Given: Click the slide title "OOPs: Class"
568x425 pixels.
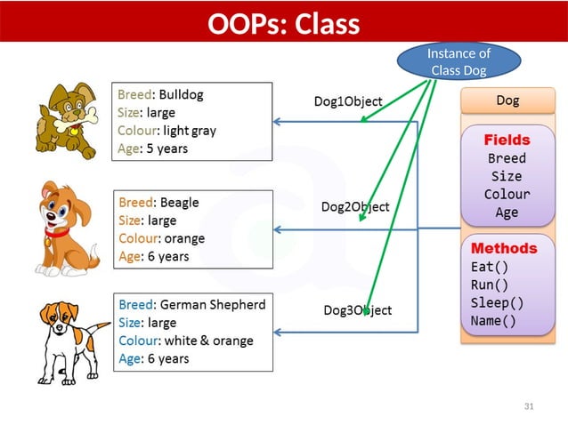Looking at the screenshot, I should coord(283,24).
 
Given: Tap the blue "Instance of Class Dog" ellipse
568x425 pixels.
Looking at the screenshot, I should coord(458,62).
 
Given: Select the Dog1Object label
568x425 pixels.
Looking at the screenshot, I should coord(348,102).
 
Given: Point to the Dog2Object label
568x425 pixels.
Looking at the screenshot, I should coord(355,206).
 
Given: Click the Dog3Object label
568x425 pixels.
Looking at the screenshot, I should coord(357,310).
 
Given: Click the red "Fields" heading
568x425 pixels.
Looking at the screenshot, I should coord(507,140).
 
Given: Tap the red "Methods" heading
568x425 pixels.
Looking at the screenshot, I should coord(504,248).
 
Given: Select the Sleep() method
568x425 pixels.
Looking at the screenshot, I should coord(497,302).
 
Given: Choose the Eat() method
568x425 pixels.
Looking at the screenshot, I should coord(489,266).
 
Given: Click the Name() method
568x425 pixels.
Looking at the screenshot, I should coord(492,321).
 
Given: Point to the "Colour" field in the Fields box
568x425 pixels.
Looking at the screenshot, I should coord(507,195).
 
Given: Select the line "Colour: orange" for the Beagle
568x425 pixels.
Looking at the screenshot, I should coord(161,238).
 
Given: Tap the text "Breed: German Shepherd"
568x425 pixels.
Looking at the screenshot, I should coord(191,304).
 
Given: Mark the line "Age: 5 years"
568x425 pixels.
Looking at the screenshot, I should coord(152,148).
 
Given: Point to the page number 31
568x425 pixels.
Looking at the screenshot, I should coord(529,406).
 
